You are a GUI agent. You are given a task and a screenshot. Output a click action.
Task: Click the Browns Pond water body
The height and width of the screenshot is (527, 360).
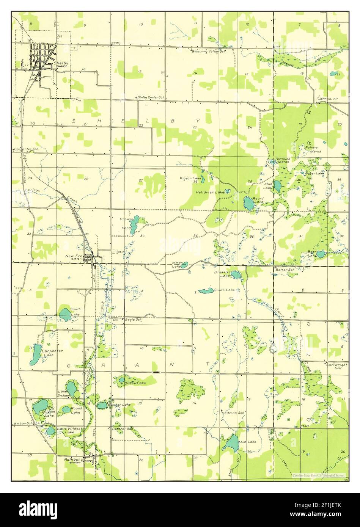pyautogui.click(x=134, y=225)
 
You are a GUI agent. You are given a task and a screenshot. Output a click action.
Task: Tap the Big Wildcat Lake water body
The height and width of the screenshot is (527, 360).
pyautogui.click(x=40, y=406)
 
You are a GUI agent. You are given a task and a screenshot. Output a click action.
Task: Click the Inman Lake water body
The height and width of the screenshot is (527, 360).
pyautogui.click(x=184, y=265)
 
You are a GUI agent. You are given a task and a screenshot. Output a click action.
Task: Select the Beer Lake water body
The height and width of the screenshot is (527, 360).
pyautogui.click(x=321, y=253)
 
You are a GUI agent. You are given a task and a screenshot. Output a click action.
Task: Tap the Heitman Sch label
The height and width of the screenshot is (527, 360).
pyautogui.click(x=233, y=413)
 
